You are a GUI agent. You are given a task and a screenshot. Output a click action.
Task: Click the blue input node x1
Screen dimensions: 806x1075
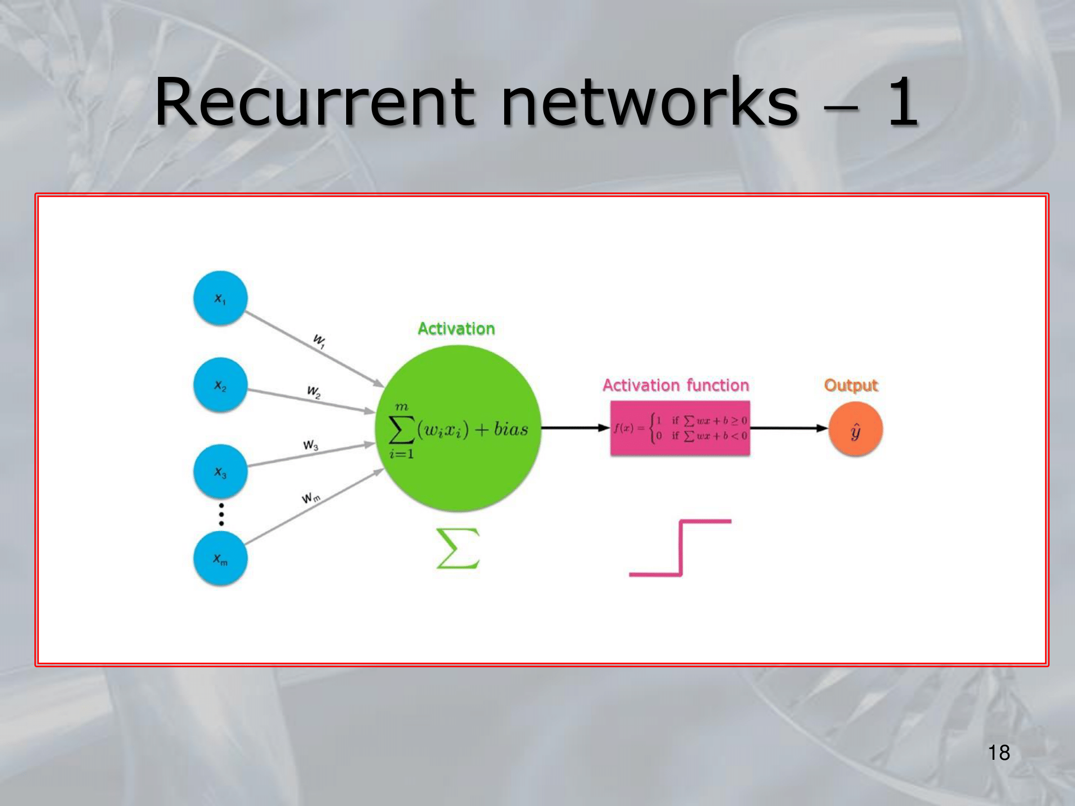[220, 298]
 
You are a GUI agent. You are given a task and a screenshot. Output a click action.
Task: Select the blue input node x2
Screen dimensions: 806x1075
[220, 385]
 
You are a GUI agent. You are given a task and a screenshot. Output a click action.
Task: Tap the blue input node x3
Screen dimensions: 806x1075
[220, 472]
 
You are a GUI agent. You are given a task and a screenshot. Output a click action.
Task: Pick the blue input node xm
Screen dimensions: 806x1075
[220, 559]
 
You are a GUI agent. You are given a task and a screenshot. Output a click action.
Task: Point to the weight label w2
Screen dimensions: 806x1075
[314, 392]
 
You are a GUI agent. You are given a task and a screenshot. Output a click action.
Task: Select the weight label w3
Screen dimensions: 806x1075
[311, 445]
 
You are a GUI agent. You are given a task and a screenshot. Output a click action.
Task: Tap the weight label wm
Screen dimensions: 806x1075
[311, 498]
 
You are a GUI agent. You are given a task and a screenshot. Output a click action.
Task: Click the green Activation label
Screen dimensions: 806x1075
[456, 329]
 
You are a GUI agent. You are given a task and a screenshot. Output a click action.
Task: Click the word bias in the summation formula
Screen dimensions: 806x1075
[511, 429]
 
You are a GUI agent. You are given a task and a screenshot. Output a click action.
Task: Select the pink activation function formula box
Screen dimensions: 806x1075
[680, 428]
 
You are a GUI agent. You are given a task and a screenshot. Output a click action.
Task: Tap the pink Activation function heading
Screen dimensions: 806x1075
[676, 385]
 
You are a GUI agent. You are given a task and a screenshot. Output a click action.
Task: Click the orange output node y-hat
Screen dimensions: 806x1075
[855, 429]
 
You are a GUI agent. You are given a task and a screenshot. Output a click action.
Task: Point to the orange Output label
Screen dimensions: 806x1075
[851, 385]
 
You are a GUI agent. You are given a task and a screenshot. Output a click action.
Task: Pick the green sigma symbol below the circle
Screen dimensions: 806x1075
[457, 548]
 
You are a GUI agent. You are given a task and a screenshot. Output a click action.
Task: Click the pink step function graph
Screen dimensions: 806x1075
[680, 548]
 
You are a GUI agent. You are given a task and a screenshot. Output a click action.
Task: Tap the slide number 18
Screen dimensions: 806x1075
[999, 753]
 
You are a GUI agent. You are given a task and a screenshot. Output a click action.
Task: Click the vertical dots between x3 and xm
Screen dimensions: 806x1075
[221, 514]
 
